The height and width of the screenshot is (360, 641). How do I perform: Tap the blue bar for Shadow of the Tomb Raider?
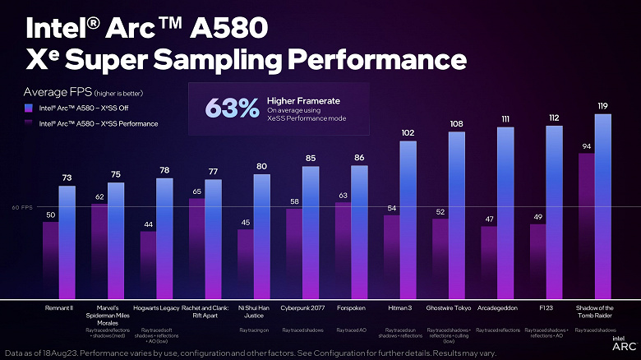point(602,205)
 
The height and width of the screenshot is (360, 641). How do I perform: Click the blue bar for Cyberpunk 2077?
point(310,232)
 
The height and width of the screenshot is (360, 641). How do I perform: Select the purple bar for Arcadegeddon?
point(489,261)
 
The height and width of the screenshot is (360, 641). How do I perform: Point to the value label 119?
point(602,106)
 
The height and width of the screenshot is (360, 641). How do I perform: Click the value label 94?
point(586,145)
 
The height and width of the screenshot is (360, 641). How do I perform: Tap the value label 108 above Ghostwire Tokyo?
point(456,124)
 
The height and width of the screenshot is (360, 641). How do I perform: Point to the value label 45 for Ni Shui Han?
point(245,222)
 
